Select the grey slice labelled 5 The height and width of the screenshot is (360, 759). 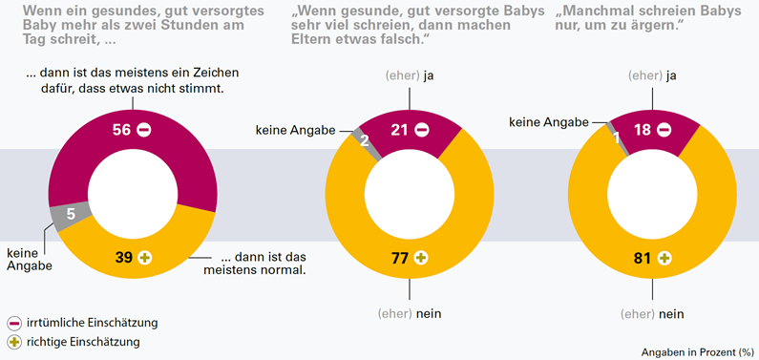pos(73,216)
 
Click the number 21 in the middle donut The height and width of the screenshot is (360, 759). pos(399,129)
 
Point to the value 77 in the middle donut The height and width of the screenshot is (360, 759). pos(399,257)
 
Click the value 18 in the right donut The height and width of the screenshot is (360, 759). pos(643,129)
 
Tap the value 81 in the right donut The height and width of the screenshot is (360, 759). pos(643,257)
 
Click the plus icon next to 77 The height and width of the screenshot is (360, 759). pos(421,257)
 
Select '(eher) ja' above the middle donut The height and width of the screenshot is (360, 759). pos(410,74)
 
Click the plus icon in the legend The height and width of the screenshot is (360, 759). pos(13,340)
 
